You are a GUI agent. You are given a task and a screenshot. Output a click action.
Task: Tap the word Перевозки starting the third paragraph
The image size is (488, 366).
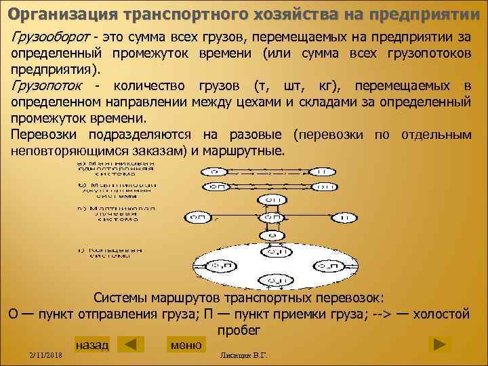pos(43,135)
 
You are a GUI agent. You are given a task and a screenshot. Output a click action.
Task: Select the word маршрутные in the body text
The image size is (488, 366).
pos(248,150)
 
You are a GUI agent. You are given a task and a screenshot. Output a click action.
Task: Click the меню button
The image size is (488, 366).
pos(186,345)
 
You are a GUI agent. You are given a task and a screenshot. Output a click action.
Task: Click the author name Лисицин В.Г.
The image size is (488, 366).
pos(240,355)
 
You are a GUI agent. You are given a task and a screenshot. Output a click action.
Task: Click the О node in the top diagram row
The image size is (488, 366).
pos(214,171)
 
